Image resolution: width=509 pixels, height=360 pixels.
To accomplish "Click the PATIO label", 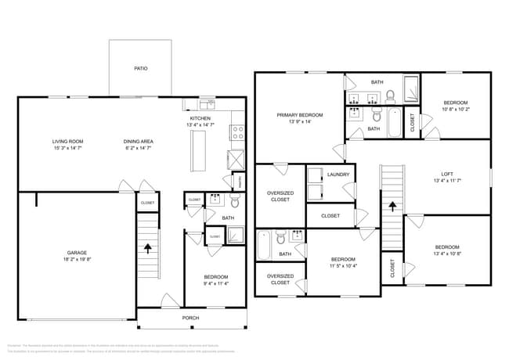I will pyautogui.click(x=141, y=68).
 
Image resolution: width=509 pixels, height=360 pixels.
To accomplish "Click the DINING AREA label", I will pyautogui.click(x=138, y=142).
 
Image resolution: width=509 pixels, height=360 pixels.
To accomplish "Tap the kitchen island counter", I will pyautogui.click(x=197, y=149).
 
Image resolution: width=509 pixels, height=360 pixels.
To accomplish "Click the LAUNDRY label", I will pyautogui.click(x=338, y=175).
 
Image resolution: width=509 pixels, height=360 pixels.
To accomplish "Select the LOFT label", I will pyautogui.click(x=447, y=174).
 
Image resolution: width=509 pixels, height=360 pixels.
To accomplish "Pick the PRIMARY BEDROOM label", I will pyautogui.click(x=300, y=115).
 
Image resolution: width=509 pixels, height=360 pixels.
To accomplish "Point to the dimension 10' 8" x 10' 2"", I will pyautogui.click(x=455, y=109).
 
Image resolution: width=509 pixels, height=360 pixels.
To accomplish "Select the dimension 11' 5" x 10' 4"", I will pyautogui.click(x=343, y=266).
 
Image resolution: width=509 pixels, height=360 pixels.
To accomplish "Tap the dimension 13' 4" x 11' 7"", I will pyautogui.click(x=447, y=181).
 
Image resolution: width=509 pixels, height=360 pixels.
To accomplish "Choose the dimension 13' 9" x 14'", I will pyautogui.click(x=300, y=121).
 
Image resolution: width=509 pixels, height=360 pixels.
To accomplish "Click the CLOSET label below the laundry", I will pyautogui.click(x=330, y=215).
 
